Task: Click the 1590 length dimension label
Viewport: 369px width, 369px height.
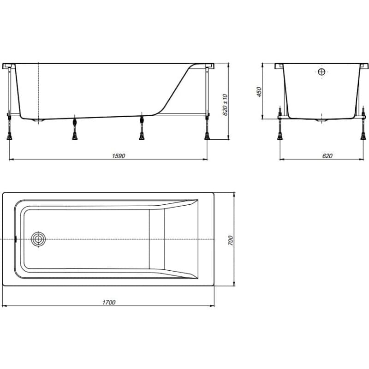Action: [119, 156]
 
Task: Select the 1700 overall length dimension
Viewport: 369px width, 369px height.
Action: [109, 302]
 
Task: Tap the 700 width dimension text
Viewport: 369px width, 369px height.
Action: [230, 240]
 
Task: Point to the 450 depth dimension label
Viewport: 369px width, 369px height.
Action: [259, 92]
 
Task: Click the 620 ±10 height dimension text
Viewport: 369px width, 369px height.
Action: [225, 105]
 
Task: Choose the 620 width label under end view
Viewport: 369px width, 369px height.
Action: [327, 156]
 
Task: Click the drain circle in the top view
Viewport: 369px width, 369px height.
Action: [38, 239]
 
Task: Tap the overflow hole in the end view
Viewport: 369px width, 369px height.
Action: [321, 71]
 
